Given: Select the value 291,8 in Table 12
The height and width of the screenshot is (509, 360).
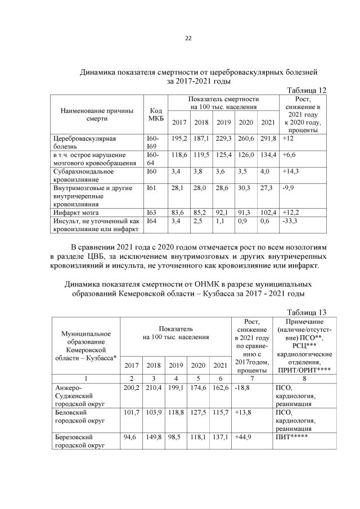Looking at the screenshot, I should [267, 138].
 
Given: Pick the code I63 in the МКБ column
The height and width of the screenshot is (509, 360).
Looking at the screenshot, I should [151, 213].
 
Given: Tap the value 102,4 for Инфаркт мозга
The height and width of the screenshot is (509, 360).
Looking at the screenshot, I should [267, 213].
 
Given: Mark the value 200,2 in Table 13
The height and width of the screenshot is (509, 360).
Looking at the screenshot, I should [131, 388].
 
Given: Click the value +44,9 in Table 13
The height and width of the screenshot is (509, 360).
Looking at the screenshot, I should [244, 436].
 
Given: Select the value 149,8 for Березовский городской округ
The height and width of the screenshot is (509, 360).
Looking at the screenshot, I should [154, 436].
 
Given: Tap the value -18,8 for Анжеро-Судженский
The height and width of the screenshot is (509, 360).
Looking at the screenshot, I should [243, 388].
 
